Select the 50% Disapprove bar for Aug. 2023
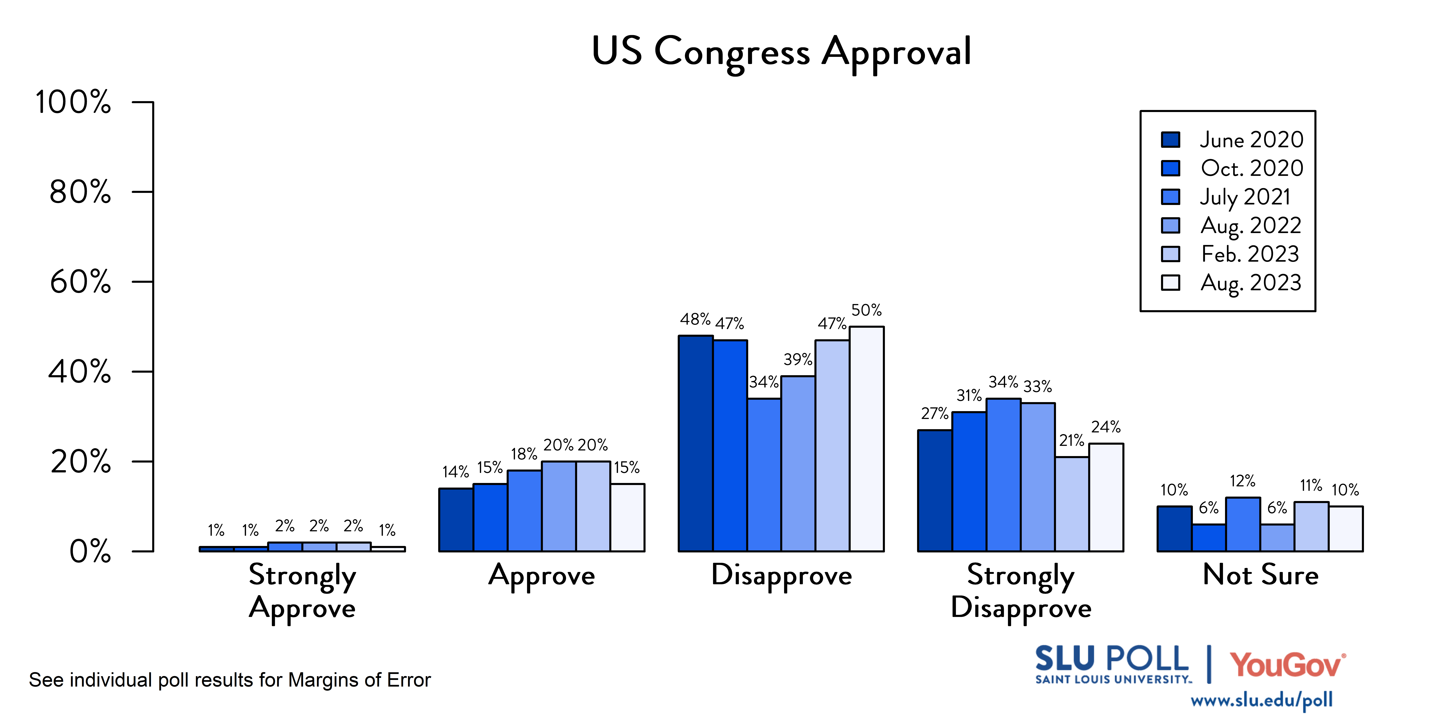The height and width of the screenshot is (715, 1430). click(867, 439)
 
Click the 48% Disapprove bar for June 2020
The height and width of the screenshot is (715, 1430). click(696, 443)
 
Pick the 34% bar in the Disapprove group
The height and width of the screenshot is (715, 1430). click(764, 475)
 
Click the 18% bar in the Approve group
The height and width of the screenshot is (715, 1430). click(524, 511)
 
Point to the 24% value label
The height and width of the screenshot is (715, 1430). click(1106, 427)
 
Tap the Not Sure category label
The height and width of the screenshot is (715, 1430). click(1260, 575)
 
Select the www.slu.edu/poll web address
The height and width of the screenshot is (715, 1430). click(1261, 700)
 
